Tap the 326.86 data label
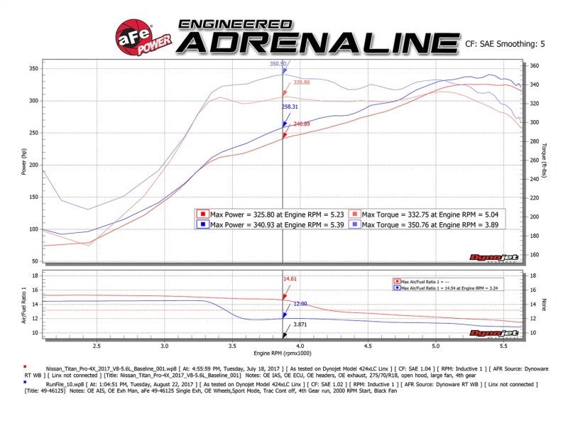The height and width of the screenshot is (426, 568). [x=302, y=82]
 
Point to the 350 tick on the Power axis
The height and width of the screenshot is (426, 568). [x=33, y=69]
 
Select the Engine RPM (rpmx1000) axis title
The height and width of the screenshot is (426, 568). [x=283, y=353]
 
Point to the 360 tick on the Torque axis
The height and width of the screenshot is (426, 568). [x=535, y=66]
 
